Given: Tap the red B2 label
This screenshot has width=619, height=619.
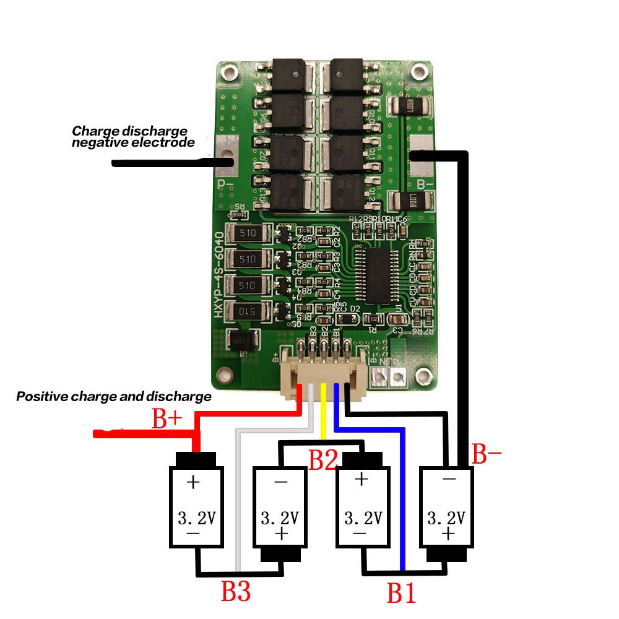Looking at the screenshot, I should (x=323, y=460).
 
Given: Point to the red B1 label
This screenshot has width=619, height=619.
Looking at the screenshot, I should (x=401, y=592).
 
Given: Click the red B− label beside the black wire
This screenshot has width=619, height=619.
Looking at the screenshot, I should (x=487, y=454).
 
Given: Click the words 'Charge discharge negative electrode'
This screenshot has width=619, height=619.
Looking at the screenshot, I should (x=132, y=137).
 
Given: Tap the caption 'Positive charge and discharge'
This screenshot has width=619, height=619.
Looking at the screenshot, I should (x=113, y=396).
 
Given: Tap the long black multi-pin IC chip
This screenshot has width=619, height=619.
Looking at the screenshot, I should (x=378, y=276).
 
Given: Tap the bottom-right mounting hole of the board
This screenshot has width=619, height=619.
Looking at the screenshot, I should (x=424, y=374).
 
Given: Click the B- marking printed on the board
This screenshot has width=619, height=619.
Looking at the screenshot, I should (x=426, y=184).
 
